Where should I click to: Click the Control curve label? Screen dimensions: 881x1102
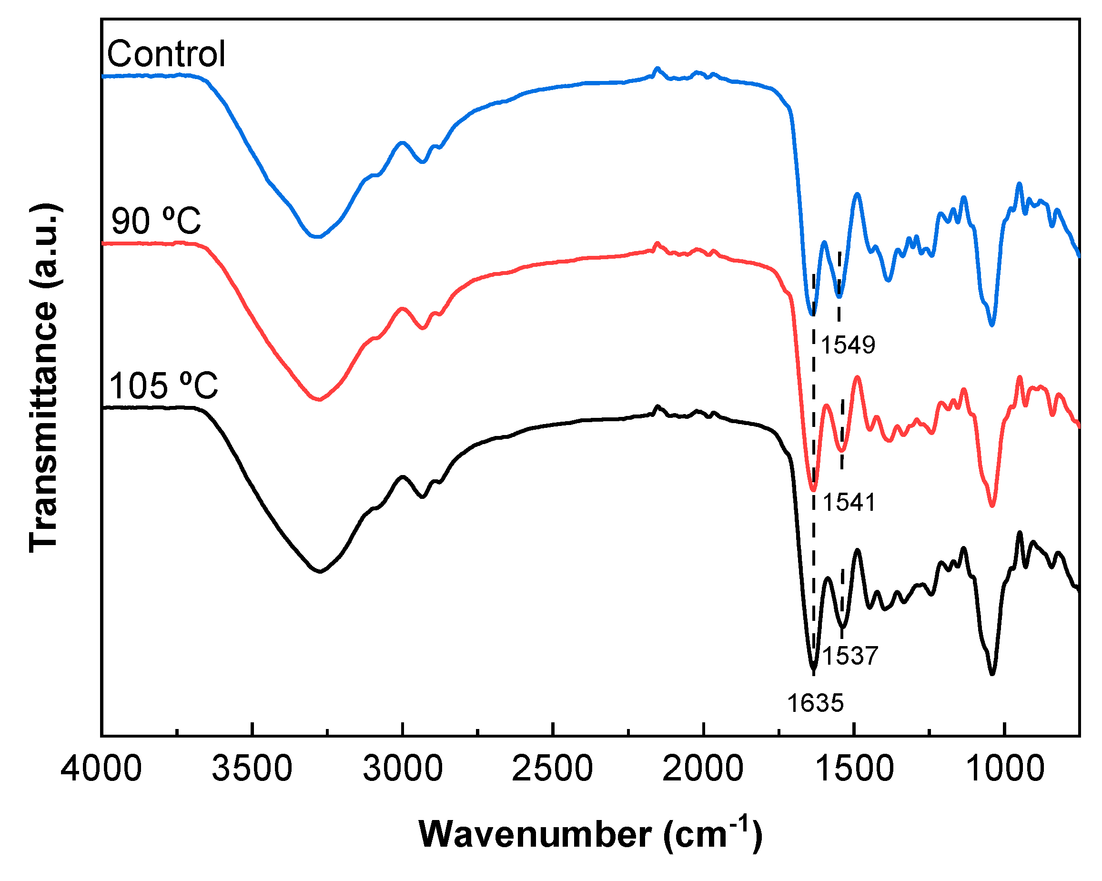(166, 54)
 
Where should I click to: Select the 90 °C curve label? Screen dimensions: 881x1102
(156, 221)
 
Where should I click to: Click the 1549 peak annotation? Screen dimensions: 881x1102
(848, 345)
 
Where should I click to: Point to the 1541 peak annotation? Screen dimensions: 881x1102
(849, 503)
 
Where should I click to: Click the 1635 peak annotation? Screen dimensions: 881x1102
(815, 703)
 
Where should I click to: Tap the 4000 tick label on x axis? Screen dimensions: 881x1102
(101, 769)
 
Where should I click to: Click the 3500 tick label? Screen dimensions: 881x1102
(252, 769)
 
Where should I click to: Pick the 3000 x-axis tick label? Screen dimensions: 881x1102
(403, 769)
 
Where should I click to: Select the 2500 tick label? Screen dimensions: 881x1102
(553, 769)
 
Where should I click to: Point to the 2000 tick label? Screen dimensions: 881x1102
(703, 769)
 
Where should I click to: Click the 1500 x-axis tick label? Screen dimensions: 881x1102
(854, 769)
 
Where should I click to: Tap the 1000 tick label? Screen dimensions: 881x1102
(1004, 769)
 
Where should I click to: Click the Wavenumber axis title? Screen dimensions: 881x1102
(590, 834)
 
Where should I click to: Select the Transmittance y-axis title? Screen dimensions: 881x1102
(44, 378)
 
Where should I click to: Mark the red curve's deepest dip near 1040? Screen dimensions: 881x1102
(992, 506)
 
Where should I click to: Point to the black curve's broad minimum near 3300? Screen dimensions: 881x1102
(320, 571)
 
